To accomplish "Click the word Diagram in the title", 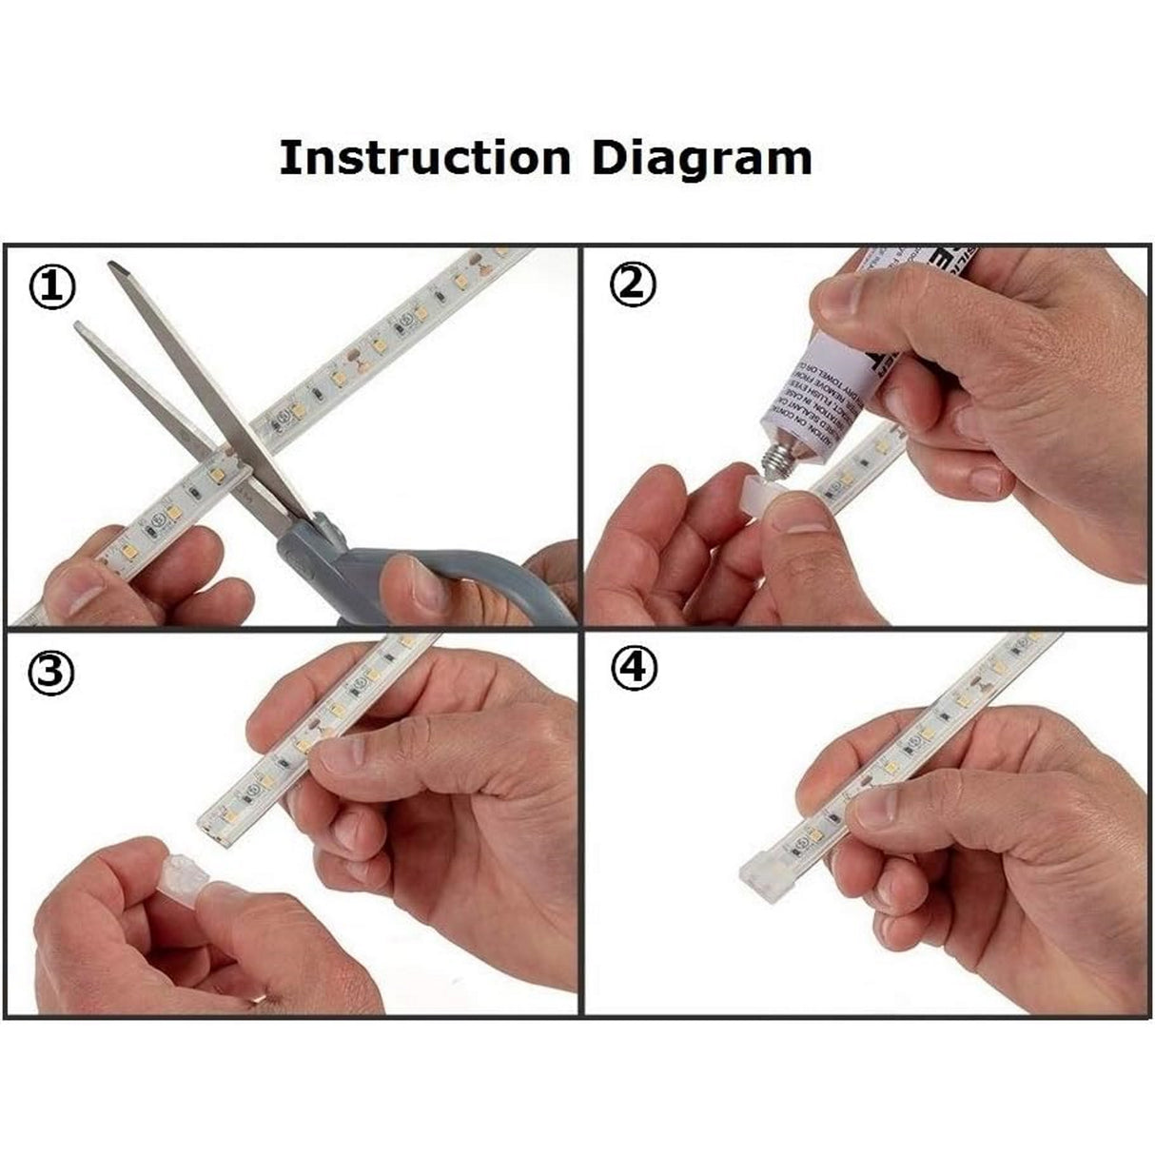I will (701, 159).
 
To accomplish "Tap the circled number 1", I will (52, 287).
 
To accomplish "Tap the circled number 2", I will (634, 284).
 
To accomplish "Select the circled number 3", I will (53, 675).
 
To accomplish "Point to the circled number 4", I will (634, 671).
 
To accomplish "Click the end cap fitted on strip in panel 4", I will (761, 870).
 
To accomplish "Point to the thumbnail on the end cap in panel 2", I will (797, 517).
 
